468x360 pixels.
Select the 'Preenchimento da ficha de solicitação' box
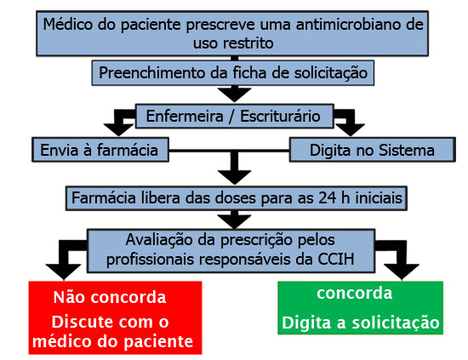tap(233, 73)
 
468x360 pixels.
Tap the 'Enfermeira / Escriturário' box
tap(235, 116)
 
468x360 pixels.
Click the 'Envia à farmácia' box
tap(100, 150)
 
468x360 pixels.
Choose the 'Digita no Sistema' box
tap(373, 150)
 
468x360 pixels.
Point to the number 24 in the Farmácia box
tap(328, 198)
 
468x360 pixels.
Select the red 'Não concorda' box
tap(115, 317)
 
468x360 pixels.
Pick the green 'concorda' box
tap(360, 308)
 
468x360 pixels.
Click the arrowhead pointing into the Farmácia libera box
tap(235, 177)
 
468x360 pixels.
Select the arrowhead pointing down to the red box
tap(64, 271)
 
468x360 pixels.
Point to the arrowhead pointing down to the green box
tap(402, 271)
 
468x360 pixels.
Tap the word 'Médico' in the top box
tap(68, 24)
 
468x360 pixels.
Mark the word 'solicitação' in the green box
tap(396, 323)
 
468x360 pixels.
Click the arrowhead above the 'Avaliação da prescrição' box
tap(235, 221)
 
